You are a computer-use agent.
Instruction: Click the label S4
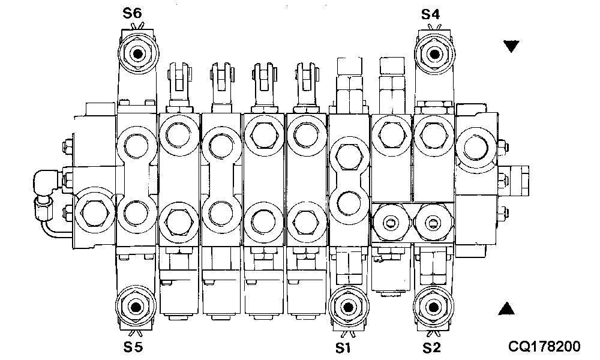[430, 13]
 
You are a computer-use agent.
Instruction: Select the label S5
[133, 346]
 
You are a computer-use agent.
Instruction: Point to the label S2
[431, 346]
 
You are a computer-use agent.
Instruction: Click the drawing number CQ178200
[544, 346]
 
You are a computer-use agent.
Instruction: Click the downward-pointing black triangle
[511, 46]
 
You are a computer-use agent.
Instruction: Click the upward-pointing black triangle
[507, 308]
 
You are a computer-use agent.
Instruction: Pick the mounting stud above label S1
[347, 307]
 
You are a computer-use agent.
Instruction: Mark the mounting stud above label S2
[433, 307]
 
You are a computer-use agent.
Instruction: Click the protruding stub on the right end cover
[515, 178]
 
